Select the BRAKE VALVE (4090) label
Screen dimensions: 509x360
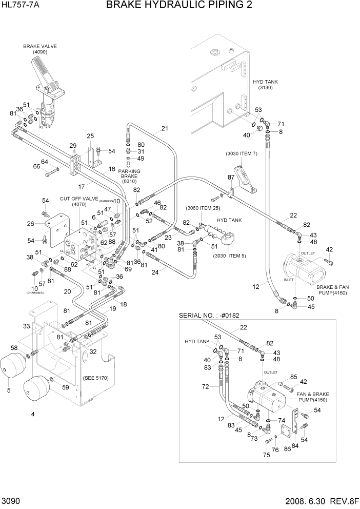[x=40, y=49]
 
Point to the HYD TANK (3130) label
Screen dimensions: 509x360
[x=265, y=85]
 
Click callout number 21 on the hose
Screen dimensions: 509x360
[x=165, y=129]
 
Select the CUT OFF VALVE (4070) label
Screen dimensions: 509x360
[x=78, y=201]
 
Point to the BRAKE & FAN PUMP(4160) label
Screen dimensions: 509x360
[x=332, y=290]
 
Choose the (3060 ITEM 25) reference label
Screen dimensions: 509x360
[x=203, y=208]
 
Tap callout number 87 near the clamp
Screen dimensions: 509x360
[x=231, y=177]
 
